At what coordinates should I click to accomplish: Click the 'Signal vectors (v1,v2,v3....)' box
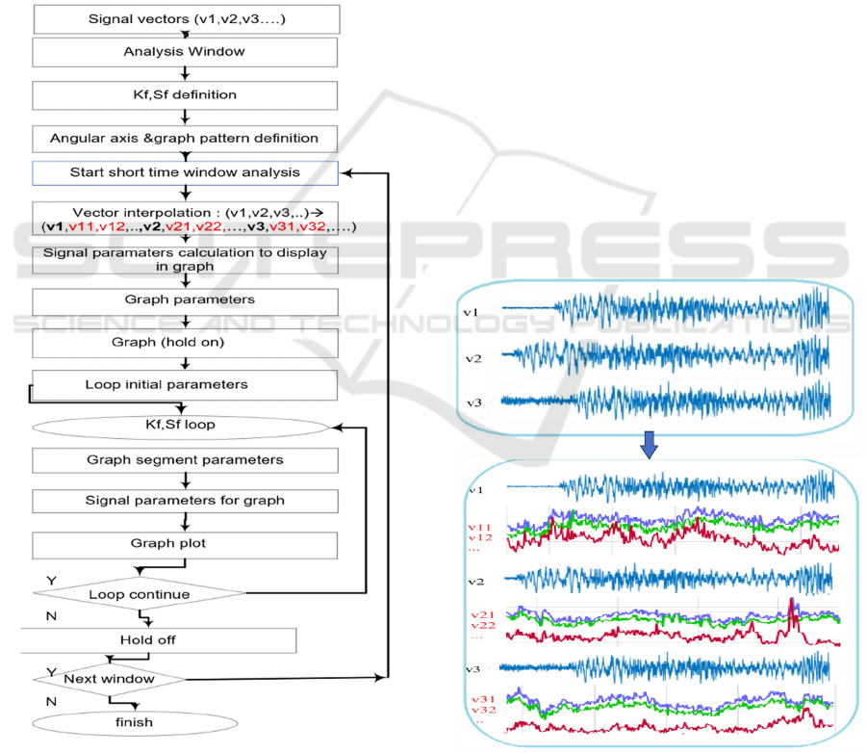186,18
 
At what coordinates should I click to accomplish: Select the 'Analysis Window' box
185,51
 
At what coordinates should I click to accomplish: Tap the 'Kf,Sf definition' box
185,95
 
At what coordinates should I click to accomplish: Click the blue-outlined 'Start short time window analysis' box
185,172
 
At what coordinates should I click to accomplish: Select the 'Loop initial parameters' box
185,385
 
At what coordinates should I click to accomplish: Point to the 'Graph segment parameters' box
185,459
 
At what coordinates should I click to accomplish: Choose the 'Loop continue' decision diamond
140,594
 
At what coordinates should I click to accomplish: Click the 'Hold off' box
149,639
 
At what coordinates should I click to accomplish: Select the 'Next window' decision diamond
108,679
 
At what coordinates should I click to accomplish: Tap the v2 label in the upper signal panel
472,358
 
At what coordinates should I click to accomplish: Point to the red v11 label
479,527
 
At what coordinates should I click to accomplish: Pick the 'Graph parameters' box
185,299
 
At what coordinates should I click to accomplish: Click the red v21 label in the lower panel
481,613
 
